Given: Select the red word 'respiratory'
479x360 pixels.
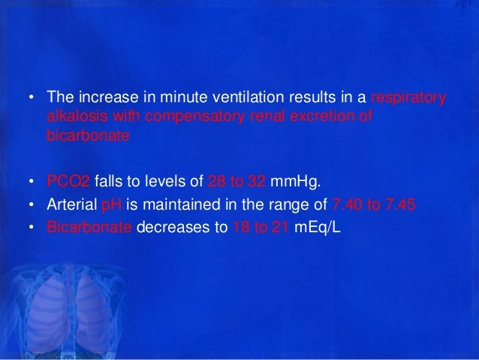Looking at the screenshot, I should pos(410,98).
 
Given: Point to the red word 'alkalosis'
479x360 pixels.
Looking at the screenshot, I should pos(71,117).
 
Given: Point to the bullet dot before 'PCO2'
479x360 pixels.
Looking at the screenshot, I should pos(31,181).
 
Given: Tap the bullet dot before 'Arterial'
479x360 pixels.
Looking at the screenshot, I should pos(31,205).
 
